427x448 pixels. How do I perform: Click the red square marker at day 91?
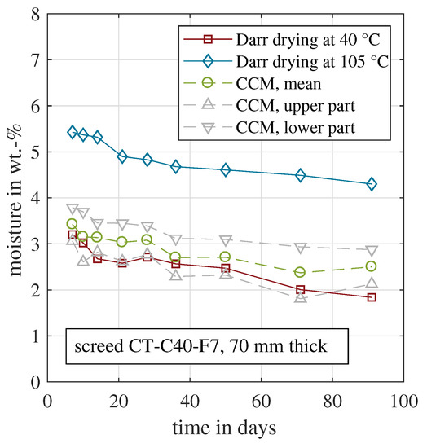click(x=372, y=297)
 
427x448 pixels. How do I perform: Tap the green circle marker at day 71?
click(x=300, y=272)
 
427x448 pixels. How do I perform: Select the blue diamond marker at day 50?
click(x=226, y=170)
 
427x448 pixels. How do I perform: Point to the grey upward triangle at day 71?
click(x=300, y=297)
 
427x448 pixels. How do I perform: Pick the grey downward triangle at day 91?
click(x=372, y=251)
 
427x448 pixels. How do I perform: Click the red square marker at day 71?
click(x=300, y=289)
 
